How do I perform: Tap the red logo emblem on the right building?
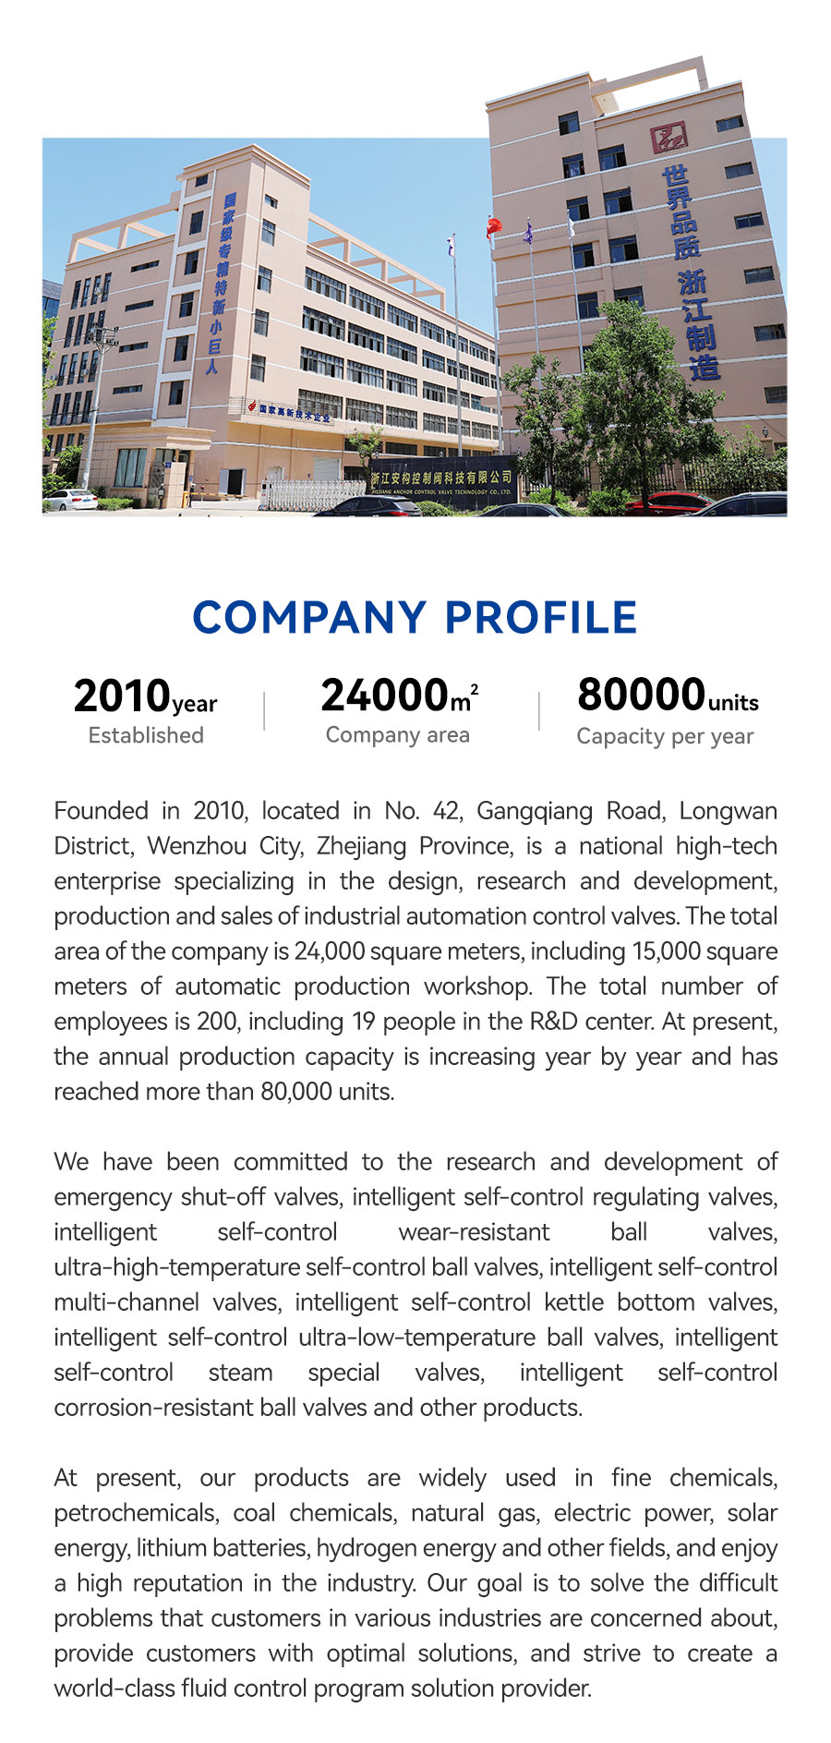point(668,138)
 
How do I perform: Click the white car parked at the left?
point(70,500)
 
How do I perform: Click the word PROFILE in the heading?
point(541,618)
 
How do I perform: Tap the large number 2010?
point(122,696)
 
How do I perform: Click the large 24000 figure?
point(384,696)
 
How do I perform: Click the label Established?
point(146,735)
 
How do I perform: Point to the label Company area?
point(397,735)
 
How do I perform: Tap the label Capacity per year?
point(665,736)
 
